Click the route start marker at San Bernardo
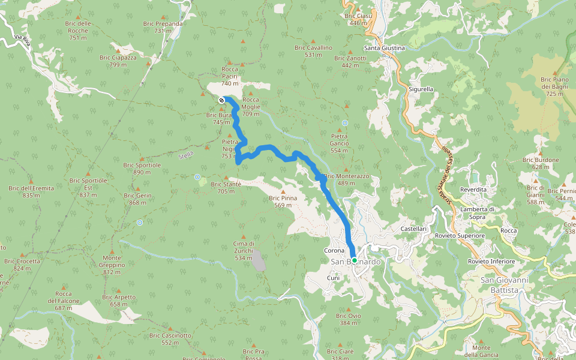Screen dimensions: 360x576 point(355,260)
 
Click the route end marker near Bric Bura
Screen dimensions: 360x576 point(222,100)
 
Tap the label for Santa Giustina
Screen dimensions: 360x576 point(385,48)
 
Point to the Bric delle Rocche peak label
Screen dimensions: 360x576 point(79,30)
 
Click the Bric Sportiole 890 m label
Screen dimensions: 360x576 point(142,169)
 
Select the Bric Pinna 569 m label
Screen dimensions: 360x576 point(283,201)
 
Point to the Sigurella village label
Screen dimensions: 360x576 point(421,89)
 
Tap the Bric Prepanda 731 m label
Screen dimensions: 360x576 point(163,27)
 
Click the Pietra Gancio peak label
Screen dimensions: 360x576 point(339,143)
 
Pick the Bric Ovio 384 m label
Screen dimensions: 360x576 point(348,319)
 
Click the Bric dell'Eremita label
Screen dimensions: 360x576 point(31,191)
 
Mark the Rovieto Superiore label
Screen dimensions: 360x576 point(460,236)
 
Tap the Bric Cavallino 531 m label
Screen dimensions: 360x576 point(313,51)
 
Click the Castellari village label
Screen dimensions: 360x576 point(413,229)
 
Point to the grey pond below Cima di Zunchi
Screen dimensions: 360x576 point(258,262)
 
